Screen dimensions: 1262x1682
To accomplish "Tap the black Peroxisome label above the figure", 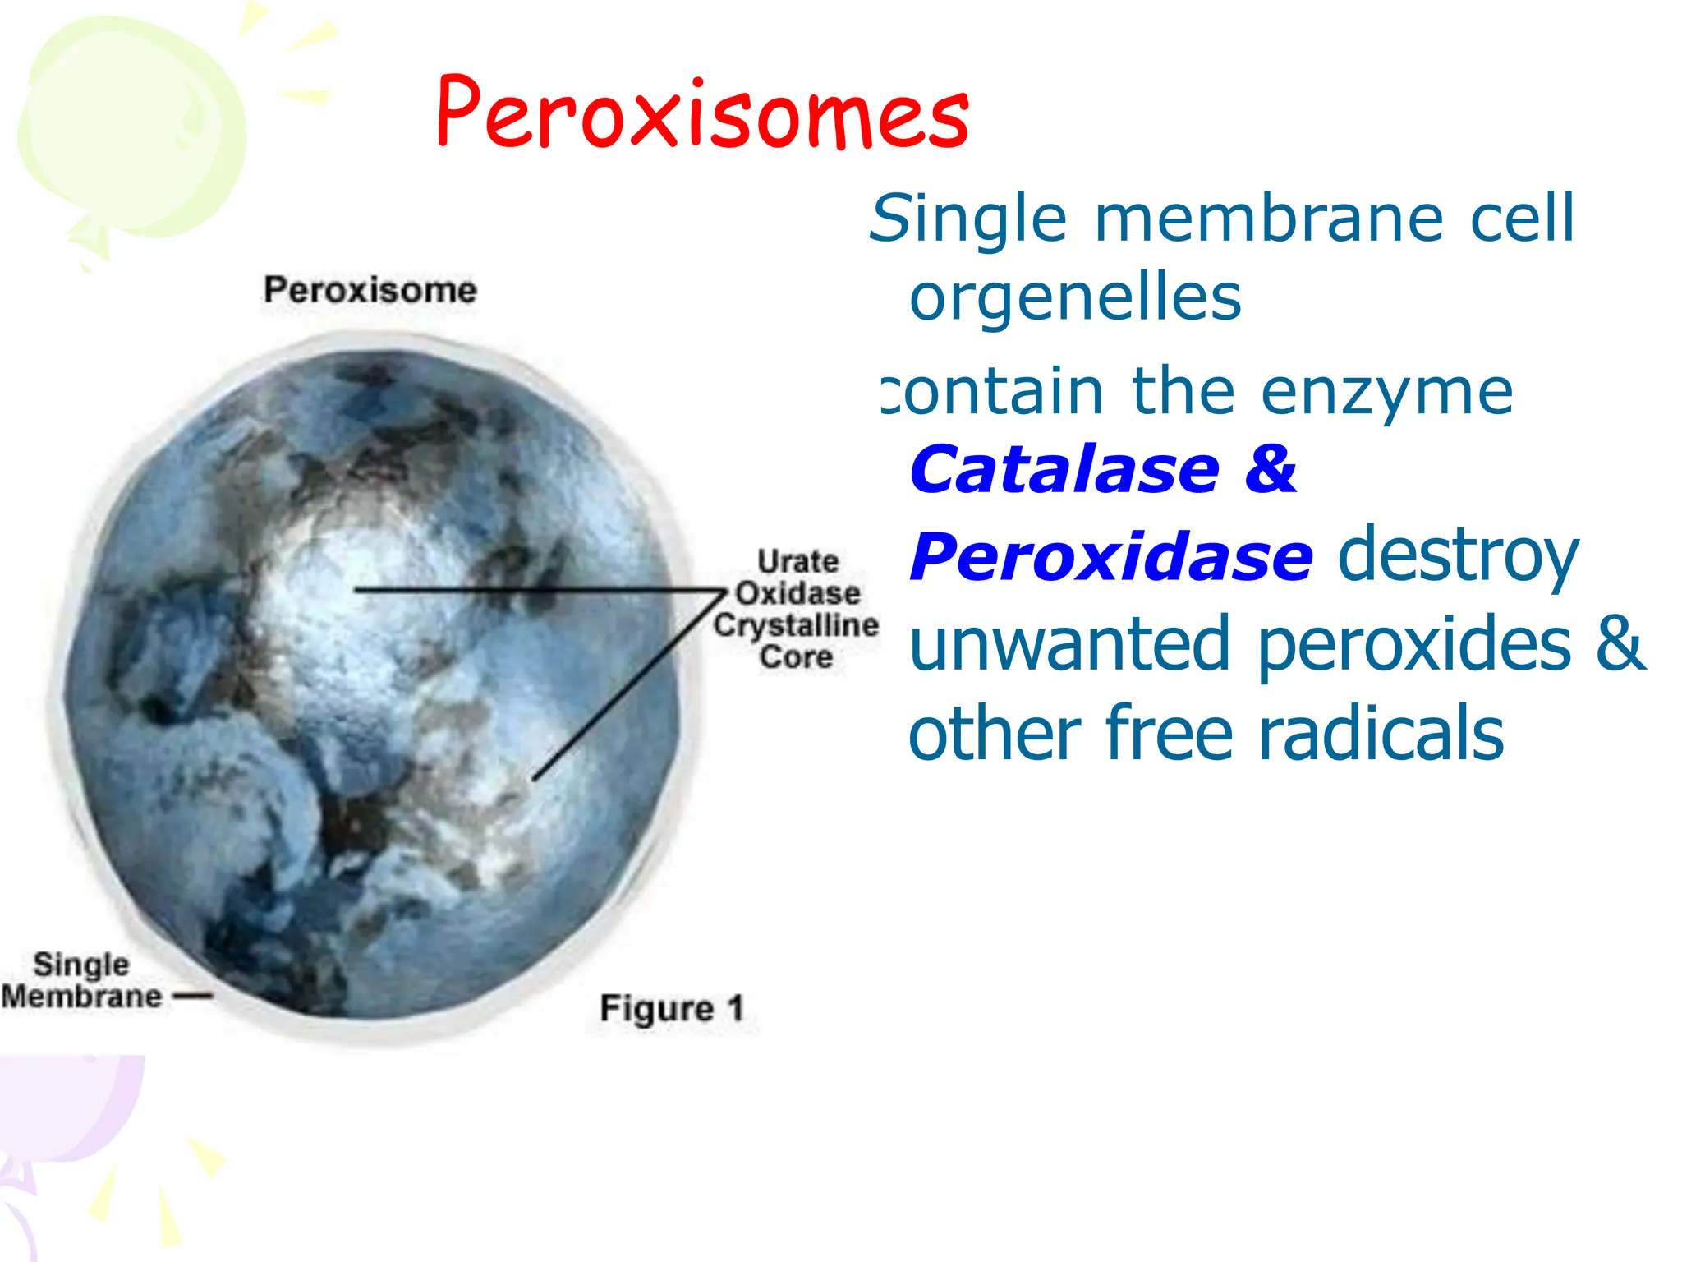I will [370, 290].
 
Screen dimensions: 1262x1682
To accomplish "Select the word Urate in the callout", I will [797, 562].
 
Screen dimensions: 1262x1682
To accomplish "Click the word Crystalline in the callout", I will [796, 625].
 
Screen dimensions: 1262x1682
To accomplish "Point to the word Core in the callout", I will [796, 657].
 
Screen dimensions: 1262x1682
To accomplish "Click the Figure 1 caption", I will [672, 1008].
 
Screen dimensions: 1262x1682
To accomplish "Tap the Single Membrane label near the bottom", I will [81, 980].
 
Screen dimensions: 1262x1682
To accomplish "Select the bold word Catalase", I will [1065, 470].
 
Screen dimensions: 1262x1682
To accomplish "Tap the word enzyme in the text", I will [1386, 392].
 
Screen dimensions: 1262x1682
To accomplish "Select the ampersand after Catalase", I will [1270, 470].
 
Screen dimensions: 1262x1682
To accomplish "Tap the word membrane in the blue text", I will [1269, 219].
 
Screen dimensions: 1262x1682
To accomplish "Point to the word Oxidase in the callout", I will [797, 593].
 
